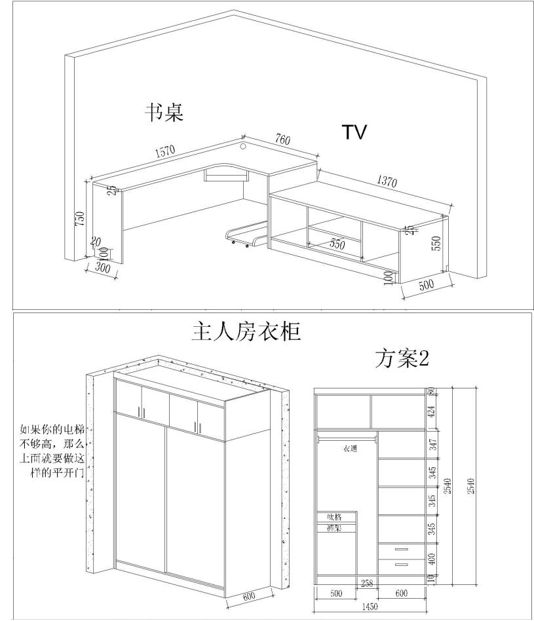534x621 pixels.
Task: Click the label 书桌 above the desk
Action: tap(164, 113)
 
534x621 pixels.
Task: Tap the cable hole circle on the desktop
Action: tap(243, 146)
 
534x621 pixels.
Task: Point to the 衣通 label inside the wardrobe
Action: tap(350, 449)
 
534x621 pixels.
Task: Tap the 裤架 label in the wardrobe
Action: tap(335, 527)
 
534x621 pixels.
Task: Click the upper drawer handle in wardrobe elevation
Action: tap(401, 549)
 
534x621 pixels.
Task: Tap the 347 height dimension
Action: tap(432, 445)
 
